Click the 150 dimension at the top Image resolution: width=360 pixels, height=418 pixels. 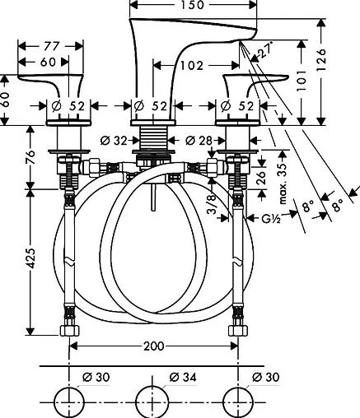click(193, 5)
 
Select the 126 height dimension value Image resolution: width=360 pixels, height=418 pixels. click(321, 60)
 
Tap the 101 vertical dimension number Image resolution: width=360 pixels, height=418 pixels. click(302, 80)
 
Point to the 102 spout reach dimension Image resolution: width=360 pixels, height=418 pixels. click(192, 66)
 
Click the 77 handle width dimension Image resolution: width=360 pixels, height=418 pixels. click(52, 46)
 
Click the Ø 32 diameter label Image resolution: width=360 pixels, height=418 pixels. click(114, 141)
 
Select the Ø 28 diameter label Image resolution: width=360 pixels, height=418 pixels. click(199, 141)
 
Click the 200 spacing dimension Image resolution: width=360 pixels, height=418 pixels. click(153, 346)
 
